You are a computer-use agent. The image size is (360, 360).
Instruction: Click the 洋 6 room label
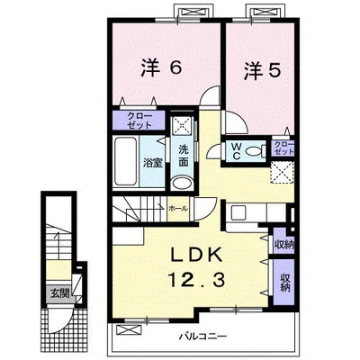(x=161, y=69)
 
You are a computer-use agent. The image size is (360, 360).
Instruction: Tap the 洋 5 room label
(x=263, y=71)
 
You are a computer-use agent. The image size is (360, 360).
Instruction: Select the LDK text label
(x=197, y=256)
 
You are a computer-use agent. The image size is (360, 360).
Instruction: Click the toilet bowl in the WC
(x=256, y=150)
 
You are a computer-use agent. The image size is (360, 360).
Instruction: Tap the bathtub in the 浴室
(x=126, y=161)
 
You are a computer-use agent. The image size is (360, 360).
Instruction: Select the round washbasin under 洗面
(x=182, y=183)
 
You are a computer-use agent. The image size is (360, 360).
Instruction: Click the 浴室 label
(x=153, y=163)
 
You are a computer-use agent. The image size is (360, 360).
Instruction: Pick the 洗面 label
(x=184, y=156)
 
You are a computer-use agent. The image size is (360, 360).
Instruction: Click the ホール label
(x=178, y=208)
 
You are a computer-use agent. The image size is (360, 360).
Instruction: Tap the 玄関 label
(x=59, y=293)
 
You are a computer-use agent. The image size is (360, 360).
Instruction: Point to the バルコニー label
(x=203, y=336)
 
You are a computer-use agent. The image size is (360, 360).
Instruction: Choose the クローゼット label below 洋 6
(x=139, y=120)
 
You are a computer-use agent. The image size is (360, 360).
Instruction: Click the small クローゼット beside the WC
(x=283, y=148)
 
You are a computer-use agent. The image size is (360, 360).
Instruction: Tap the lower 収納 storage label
(x=285, y=282)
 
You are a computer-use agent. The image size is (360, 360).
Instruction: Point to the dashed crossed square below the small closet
(x=282, y=172)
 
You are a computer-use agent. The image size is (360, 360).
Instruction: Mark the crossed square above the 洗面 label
(x=183, y=126)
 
